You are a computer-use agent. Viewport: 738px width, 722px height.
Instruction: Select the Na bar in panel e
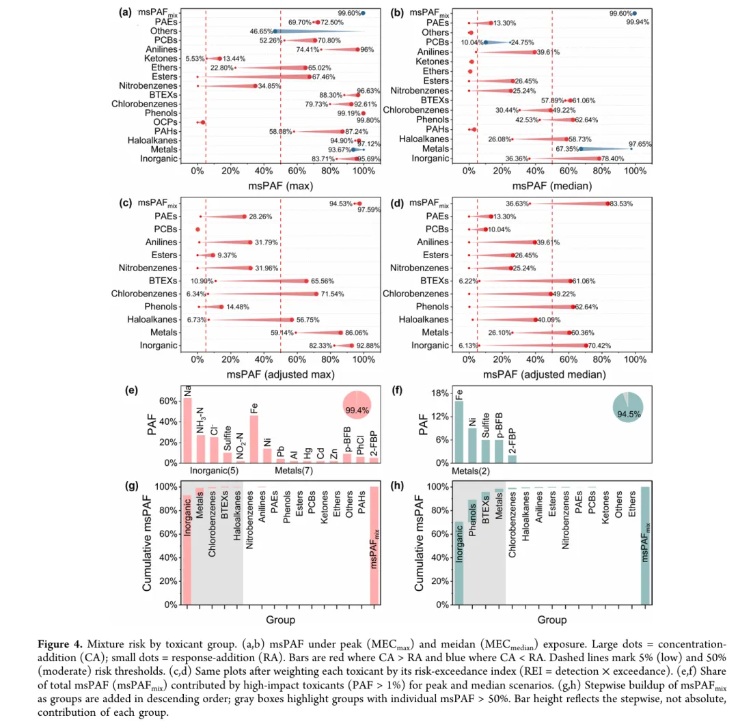187,430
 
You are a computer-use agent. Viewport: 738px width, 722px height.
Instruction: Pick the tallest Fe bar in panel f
459,432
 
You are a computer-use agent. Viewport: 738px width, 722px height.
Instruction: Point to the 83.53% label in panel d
625,204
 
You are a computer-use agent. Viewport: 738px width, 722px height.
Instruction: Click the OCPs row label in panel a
160,122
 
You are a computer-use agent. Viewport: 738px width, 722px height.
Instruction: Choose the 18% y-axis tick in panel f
439,393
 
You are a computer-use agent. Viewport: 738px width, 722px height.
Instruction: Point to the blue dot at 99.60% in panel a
364,13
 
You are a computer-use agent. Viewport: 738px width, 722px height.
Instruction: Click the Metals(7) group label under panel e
295,471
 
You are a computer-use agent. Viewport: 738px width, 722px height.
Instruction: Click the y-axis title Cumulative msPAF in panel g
147,544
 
